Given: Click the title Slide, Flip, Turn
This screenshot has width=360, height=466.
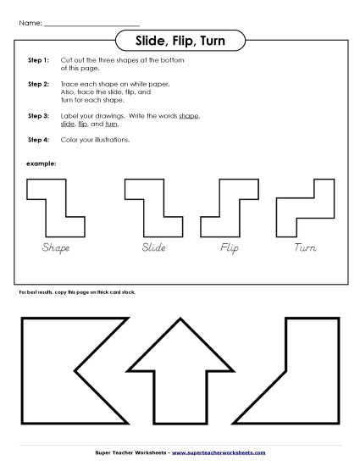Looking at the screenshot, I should pos(180,40).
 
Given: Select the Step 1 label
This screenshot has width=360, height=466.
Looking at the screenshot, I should pos(38,62).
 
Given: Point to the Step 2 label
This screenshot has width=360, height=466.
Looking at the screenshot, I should pos(38,85).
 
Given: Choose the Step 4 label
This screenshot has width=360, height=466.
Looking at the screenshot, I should pos(38,139).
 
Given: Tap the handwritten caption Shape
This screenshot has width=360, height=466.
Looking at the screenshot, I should pos(56,248).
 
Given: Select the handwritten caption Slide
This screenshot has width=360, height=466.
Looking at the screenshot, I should pos(153,248).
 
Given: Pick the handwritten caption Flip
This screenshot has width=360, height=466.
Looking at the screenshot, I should pos(230,248).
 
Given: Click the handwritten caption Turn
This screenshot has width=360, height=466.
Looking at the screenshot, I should pos(305,248).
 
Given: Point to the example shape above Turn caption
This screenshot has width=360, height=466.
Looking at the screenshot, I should pos(305,208).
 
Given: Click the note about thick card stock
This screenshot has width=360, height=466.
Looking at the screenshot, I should pos(77,291).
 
